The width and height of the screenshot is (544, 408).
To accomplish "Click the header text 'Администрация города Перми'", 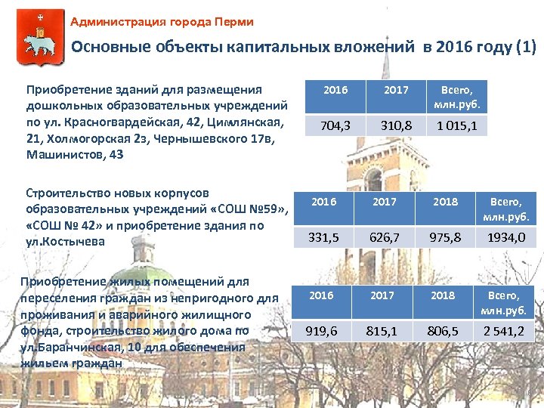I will click(162, 22).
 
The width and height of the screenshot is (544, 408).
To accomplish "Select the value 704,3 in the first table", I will click(335, 126).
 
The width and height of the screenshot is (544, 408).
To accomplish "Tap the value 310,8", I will click(396, 126).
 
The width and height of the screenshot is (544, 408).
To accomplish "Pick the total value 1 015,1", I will click(457, 126).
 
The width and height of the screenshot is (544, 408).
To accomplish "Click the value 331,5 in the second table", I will click(323, 237).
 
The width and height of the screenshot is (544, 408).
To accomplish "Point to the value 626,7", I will click(384, 237).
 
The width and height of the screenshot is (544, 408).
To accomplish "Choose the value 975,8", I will click(445, 237).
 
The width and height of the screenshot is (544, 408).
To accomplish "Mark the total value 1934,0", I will click(505, 237).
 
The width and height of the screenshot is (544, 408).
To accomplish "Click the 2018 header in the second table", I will click(445, 202).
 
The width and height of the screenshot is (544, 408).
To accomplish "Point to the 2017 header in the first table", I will click(396, 90).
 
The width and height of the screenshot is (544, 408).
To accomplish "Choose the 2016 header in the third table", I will click(322, 295).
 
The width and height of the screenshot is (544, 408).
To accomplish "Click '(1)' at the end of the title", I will click(525, 48).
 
